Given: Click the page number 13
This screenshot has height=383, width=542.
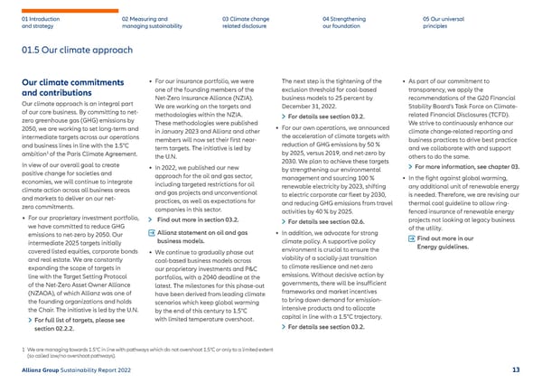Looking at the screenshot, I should [x=515, y=370].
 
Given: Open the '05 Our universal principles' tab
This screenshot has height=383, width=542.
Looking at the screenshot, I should [x=444, y=23].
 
